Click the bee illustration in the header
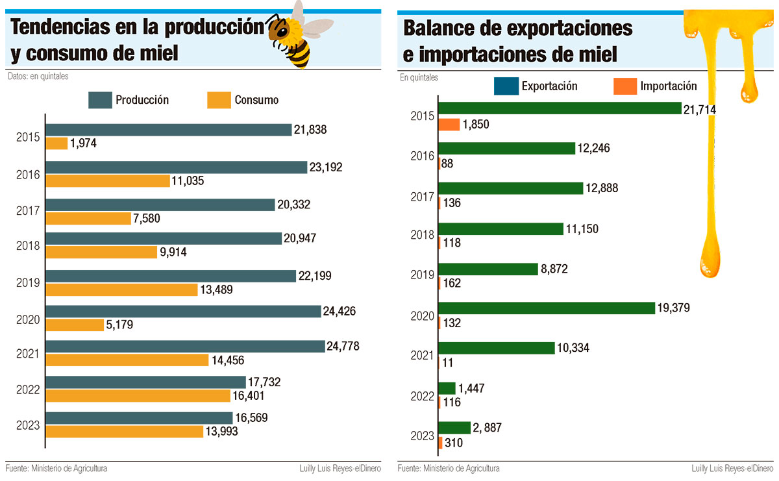point(299,35)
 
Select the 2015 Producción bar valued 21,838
point(169,130)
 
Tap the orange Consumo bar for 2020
point(75,325)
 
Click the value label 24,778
point(343,347)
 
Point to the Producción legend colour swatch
point(100,100)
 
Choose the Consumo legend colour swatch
point(219,100)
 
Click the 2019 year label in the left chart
point(28,283)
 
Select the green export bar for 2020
point(547,308)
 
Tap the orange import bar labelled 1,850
point(449,125)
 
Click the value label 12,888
point(602,188)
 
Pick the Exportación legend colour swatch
point(506,86)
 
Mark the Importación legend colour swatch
point(625,86)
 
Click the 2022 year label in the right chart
point(422,396)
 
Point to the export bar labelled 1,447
point(447,388)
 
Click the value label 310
point(454,443)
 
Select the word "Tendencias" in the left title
point(60,27)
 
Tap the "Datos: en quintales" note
point(38,76)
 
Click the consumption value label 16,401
point(248,396)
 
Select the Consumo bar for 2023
point(125,432)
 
